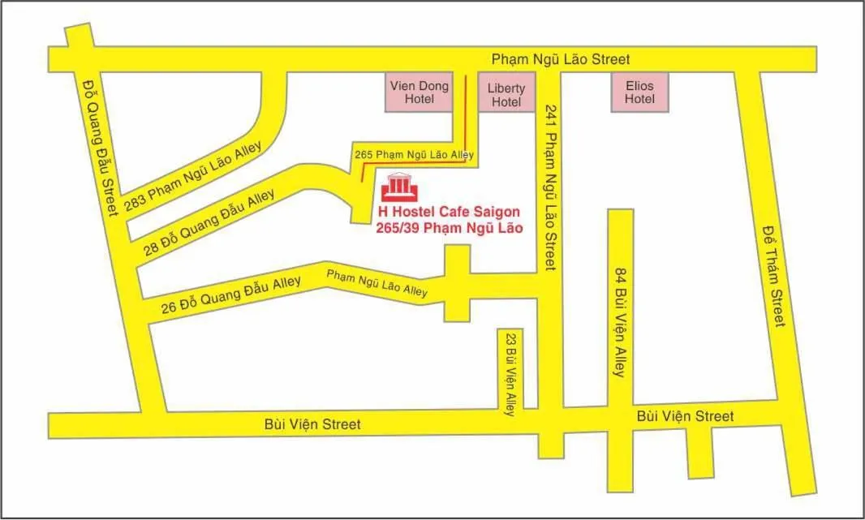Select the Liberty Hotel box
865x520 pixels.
pos(506,95)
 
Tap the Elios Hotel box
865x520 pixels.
pos(639,92)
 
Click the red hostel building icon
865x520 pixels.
pos(400,187)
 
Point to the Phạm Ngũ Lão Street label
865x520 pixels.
pos(561,59)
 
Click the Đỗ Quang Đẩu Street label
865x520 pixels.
pos(100,147)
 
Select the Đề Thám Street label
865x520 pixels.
pos(774,276)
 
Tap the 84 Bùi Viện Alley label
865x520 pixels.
pos(620,321)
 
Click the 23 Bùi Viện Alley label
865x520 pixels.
pos(510,374)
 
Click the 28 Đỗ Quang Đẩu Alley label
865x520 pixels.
pos(209,222)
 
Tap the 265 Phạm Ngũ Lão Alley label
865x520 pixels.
pos(414,154)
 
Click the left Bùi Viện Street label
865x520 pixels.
pos(312,424)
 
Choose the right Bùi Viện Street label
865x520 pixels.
pos(685,416)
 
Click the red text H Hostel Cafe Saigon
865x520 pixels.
pos(449,213)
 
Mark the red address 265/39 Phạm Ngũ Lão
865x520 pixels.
pos(449,229)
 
